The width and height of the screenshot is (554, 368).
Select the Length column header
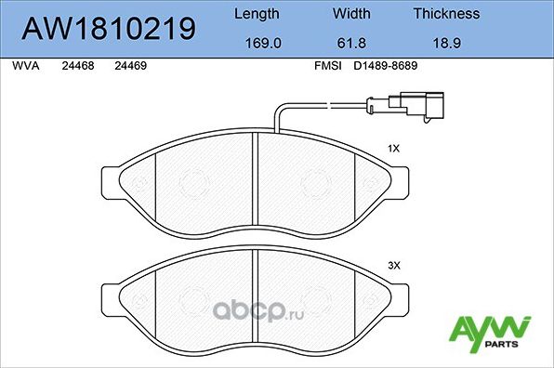(255, 14)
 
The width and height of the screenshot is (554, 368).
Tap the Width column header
(351, 14)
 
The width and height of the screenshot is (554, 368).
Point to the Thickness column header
(445, 14)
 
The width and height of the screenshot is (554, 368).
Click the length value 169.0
(255, 42)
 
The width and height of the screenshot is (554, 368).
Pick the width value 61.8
(351, 42)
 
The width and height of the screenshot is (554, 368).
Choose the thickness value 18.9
(445, 42)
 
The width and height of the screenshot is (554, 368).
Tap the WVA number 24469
(128, 66)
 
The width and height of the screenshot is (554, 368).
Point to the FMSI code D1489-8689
(388, 66)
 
